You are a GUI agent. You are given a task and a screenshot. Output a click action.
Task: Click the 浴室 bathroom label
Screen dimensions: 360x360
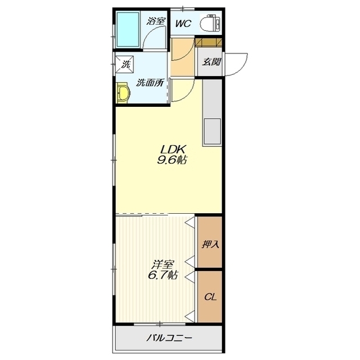click(x=156, y=21)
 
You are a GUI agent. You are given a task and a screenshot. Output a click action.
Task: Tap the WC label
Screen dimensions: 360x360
click(x=183, y=24)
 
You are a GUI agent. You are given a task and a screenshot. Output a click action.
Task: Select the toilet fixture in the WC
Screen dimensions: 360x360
click(x=210, y=23)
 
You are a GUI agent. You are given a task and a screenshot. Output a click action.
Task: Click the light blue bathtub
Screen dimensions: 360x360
click(x=128, y=29)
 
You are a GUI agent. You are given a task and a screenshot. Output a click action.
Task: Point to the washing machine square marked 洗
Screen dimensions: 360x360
click(x=125, y=64)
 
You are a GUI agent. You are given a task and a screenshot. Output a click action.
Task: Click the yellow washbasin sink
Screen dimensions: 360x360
click(x=123, y=93)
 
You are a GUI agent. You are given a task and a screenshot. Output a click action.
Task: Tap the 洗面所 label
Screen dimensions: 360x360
click(x=150, y=83)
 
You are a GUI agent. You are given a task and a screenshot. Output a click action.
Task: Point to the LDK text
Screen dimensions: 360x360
click(x=173, y=150)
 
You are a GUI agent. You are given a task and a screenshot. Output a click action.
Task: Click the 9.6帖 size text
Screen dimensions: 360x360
click(x=172, y=160)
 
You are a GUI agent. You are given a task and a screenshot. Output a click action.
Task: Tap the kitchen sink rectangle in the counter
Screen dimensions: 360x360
click(x=211, y=131)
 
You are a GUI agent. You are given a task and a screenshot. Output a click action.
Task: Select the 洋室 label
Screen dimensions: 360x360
click(x=162, y=265)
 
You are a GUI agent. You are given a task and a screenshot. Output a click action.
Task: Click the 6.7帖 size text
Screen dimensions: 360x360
click(x=162, y=275)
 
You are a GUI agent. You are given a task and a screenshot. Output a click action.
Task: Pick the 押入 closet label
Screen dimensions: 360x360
click(x=210, y=244)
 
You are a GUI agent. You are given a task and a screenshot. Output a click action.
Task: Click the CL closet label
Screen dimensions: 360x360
click(x=210, y=298)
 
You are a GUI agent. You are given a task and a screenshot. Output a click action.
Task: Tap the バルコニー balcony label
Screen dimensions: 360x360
click(x=169, y=338)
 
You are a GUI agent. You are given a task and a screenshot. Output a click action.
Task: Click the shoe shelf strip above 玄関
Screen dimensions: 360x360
click(x=209, y=43)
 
